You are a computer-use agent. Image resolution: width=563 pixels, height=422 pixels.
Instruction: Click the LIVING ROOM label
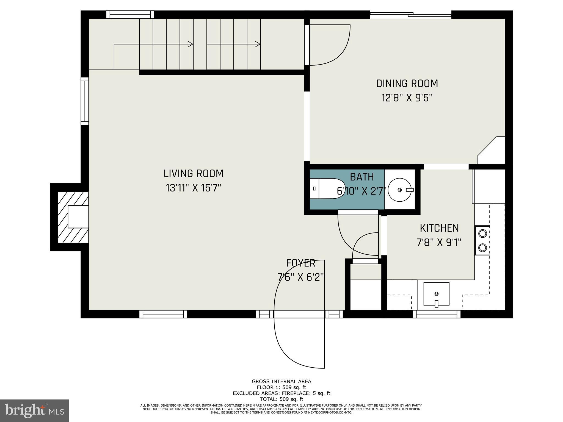pos(193,174)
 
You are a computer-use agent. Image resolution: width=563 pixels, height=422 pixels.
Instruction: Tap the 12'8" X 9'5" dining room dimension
pos(407,98)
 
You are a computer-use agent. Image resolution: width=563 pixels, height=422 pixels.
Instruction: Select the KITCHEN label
pos(439,228)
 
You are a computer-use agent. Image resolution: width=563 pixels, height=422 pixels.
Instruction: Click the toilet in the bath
pos(329,188)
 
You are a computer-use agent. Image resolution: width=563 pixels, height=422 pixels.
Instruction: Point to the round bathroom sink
pos(400,190)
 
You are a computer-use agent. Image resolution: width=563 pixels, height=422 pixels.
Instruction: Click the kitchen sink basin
pos(436,294)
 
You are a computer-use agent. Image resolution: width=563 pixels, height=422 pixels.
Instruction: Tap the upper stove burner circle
pos(483,234)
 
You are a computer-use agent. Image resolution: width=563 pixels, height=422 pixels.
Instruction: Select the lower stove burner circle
pos(483,248)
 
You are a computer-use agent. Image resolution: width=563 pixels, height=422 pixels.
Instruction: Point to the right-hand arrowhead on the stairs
pos(258,44)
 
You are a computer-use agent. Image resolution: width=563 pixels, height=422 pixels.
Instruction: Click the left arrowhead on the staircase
pos(190,44)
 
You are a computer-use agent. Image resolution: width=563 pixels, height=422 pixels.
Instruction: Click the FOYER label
pos(300,263)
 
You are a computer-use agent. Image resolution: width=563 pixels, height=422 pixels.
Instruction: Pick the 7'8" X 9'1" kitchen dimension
pos(439,243)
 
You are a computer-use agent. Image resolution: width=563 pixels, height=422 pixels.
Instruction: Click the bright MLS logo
pos(34,410)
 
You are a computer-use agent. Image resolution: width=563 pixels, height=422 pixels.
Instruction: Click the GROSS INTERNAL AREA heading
pos(281,381)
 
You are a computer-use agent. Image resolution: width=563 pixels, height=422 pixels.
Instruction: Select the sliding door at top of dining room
pos(410,15)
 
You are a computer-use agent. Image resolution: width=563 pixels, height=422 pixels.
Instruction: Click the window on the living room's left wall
pos(85,101)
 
